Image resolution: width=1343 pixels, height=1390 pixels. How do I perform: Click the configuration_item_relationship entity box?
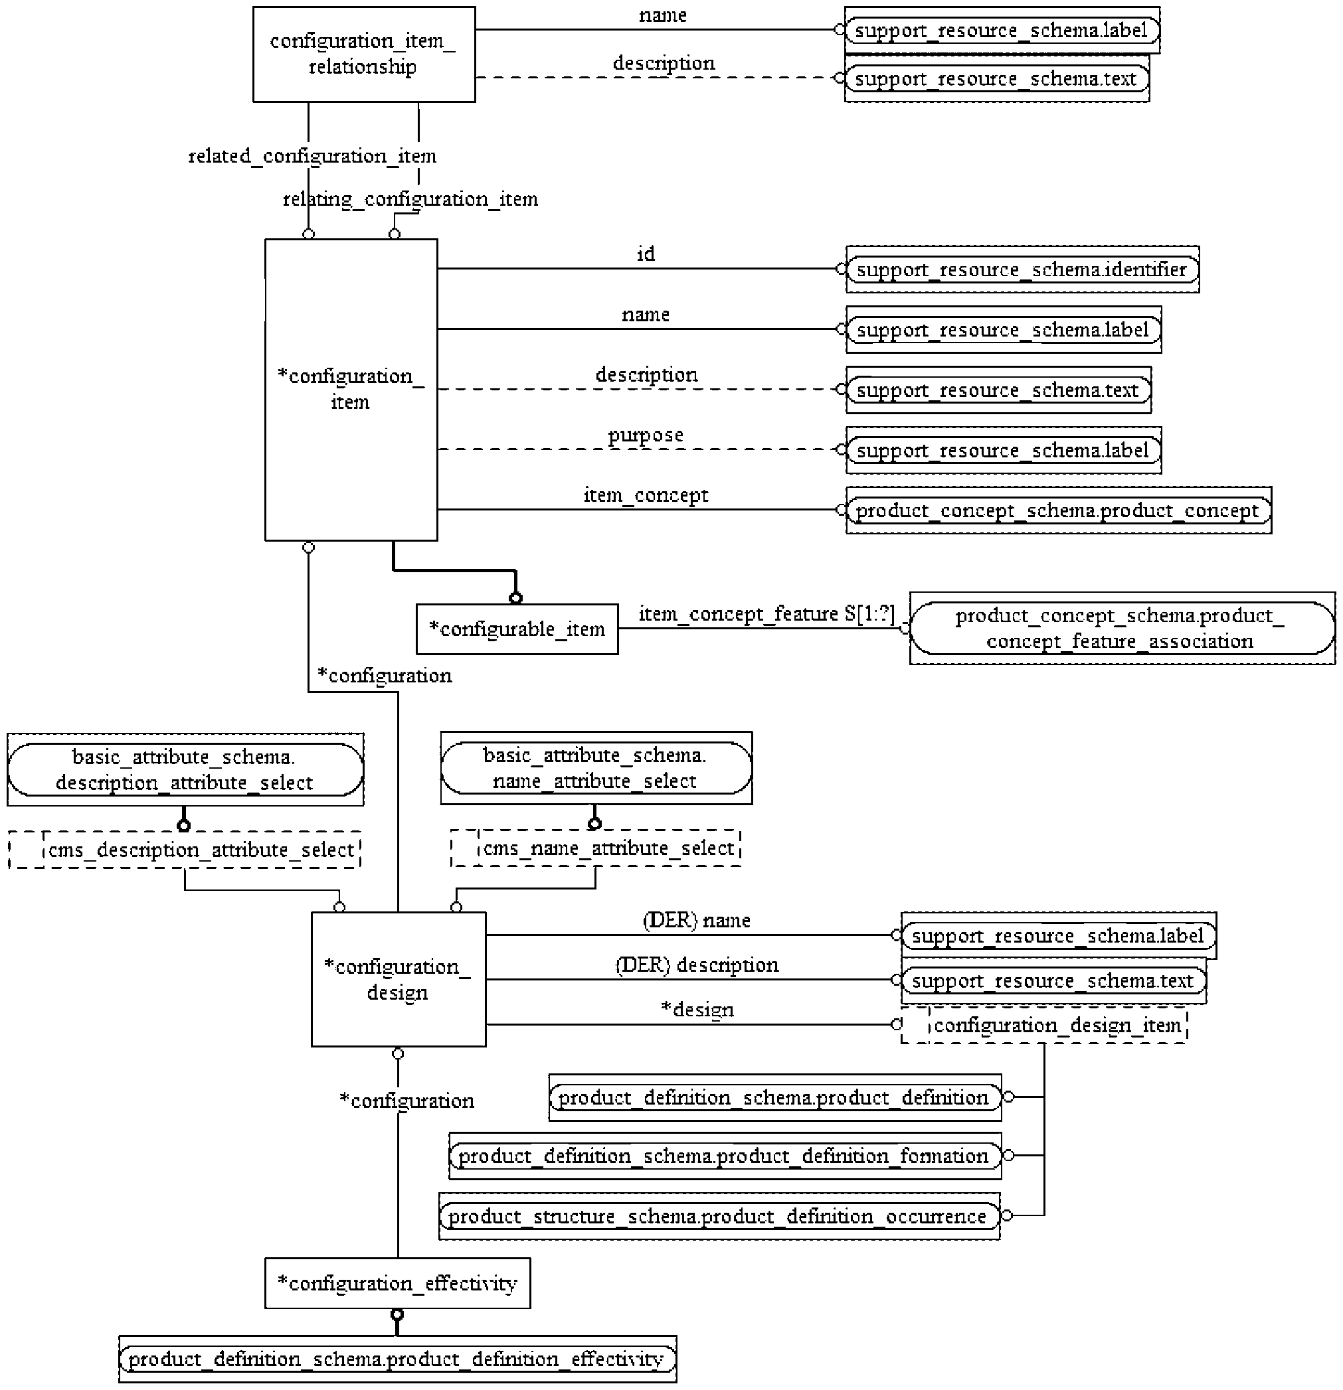[x=364, y=54]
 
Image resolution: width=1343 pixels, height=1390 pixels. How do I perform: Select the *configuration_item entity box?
[x=351, y=390]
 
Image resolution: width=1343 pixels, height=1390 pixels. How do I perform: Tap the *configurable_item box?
[x=517, y=629]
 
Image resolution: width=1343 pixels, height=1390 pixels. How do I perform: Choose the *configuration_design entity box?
[x=399, y=979]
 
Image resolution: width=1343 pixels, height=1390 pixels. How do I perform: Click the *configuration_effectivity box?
[x=397, y=1284]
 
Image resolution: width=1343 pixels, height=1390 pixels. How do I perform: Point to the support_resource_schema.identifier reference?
[x=1022, y=270]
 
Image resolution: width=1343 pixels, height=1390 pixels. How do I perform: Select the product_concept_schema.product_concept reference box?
[x=1059, y=510]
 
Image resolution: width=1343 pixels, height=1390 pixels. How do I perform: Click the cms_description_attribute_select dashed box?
[x=185, y=850]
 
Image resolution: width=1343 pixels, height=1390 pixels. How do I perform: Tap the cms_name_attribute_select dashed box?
[x=596, y=848]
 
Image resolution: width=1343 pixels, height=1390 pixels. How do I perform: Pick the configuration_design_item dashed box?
[x=1043, y=1025]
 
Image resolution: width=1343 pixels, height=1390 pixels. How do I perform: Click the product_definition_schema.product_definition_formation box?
[x=725, y=1156]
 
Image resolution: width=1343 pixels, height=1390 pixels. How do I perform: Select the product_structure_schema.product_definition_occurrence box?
[x=719, y=1216]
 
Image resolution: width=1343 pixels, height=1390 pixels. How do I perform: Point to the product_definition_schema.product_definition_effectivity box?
[x=397, y=1359]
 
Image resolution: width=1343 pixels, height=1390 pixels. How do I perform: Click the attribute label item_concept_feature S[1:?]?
[x=766, y=613]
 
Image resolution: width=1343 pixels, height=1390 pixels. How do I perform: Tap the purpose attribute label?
[x=646, y=435]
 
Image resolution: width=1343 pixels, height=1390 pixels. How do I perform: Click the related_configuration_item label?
[x=312, y=156]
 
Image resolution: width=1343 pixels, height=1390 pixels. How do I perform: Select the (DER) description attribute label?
[x=697, y=965]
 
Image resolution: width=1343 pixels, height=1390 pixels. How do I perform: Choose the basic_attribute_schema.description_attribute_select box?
[x=185, y=769]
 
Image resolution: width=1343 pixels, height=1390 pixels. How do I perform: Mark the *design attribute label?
[x=697, y=1010]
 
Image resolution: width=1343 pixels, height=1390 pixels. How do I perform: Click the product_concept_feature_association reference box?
[x=1122, y=629]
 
